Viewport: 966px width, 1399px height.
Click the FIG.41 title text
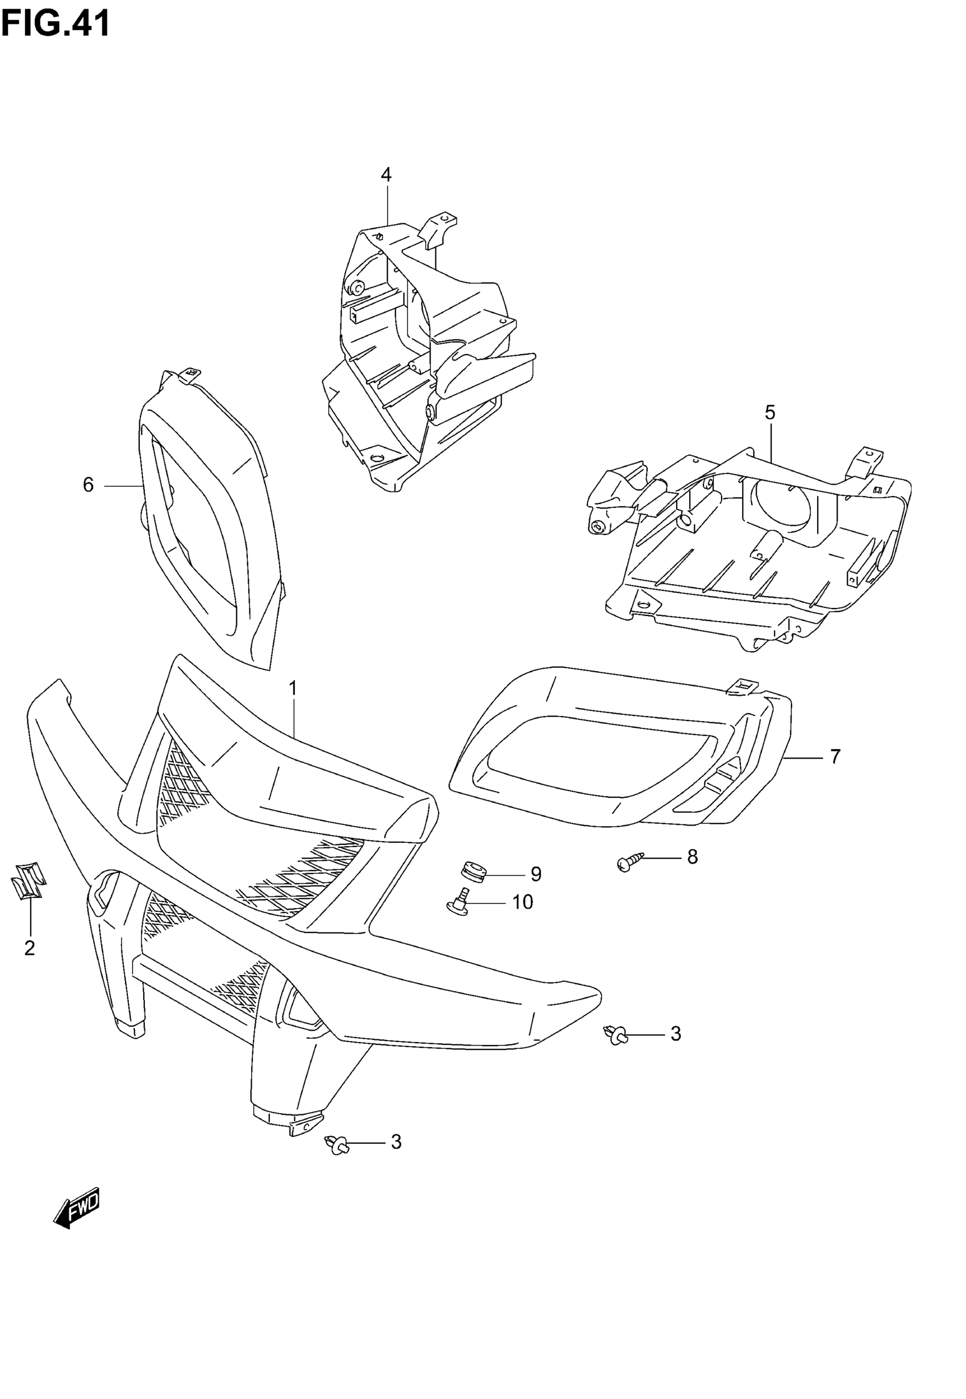click(x=56, y=24)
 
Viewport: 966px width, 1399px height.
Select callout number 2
click(x=30, y=948)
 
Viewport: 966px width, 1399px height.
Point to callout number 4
click(x=386, y=175)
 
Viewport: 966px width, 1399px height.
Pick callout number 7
click(x=835, y=756)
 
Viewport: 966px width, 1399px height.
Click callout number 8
click(x=693, y=857)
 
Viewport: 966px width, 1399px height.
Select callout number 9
click(x=536, y=874)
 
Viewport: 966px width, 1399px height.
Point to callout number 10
click(x=522, y=902)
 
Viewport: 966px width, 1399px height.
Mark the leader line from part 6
click(x=122, y=485)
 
